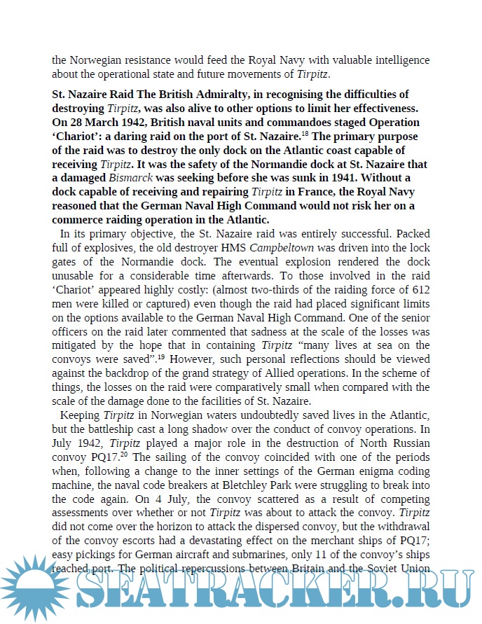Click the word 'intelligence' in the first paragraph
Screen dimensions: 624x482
tap(399, 60)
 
